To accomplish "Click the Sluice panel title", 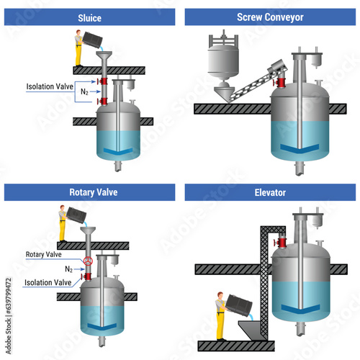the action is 89,18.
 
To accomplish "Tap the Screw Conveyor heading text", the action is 270,17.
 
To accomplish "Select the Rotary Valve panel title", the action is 94,192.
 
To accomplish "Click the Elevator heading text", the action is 270,192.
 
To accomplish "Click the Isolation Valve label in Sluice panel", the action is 50,86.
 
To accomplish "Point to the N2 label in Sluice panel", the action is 84,91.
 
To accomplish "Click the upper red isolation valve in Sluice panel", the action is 102,81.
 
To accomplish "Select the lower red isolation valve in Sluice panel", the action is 102,102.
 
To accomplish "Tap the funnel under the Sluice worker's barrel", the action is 104,55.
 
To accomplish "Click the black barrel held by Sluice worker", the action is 92,39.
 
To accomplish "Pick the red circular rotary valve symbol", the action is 88,261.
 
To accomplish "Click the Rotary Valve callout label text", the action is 44,254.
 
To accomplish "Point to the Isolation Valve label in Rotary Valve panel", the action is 48,282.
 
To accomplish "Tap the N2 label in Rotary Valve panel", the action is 68,269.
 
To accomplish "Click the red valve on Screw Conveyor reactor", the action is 279,82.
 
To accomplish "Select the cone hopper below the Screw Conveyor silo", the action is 224,93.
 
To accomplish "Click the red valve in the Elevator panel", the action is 281,243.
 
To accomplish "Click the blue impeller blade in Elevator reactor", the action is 300,310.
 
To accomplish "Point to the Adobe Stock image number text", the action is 9,316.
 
